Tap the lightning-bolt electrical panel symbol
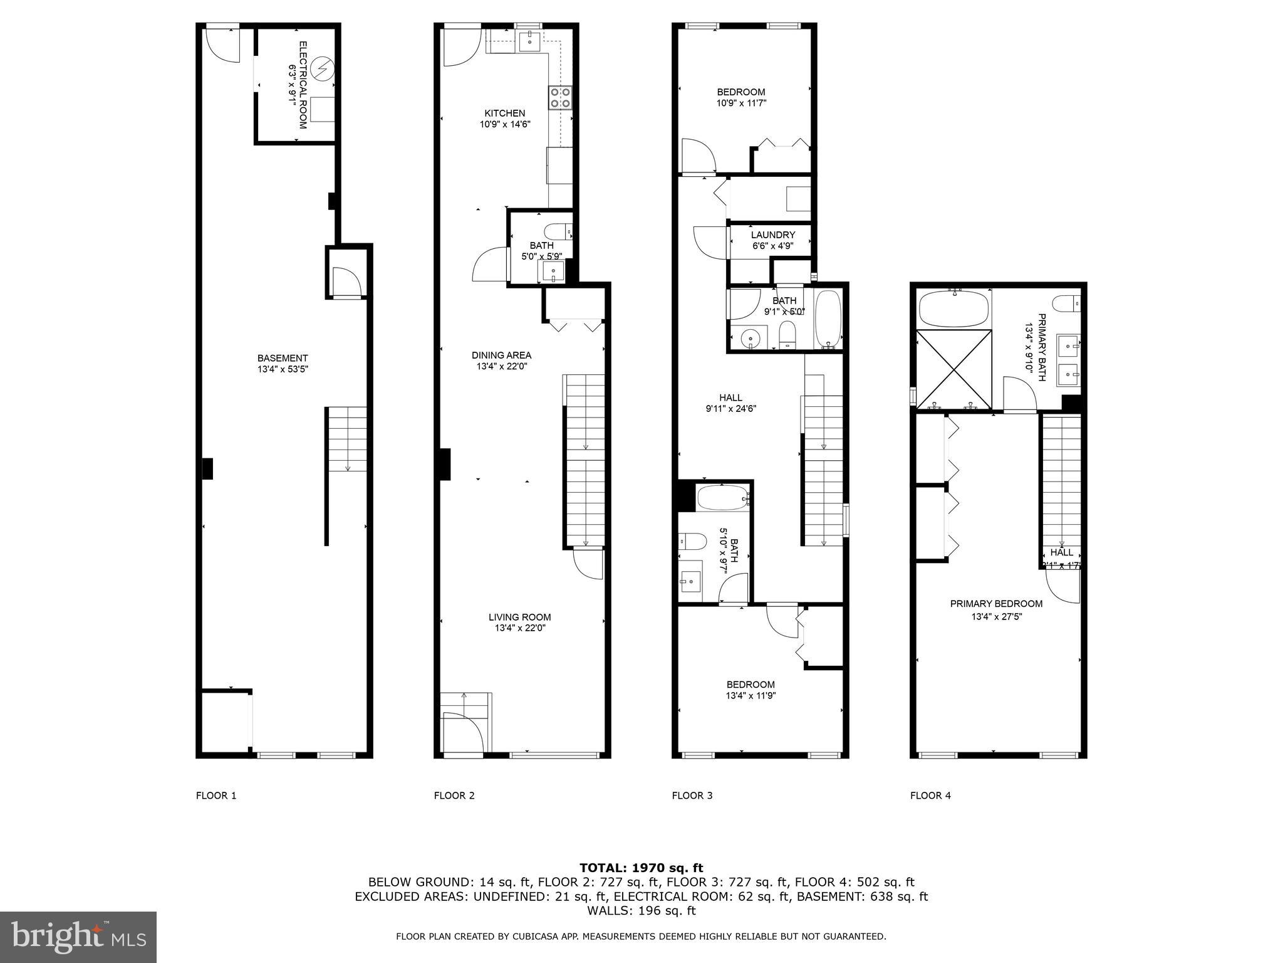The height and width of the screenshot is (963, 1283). tap(324, 68)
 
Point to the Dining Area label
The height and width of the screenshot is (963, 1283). tap(501, 355)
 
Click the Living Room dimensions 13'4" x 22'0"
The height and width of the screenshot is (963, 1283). tap(519, 628)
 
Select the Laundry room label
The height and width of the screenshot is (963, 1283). tap(772, 235)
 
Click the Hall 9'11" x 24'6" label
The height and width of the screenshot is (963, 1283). tap(730, 403)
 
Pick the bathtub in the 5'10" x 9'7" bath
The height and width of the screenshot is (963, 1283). tap(722, 499)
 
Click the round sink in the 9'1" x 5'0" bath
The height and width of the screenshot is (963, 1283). tap(751, 339)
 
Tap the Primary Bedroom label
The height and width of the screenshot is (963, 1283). tap(996, 604)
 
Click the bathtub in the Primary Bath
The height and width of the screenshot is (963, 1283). tap(953, 308)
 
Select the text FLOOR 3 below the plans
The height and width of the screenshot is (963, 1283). tap(692, 796)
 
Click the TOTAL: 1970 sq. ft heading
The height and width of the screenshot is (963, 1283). tap(641, 868)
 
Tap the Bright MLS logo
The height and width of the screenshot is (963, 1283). tap(78, 937)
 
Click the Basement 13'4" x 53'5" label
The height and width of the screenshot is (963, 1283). tap(283, 364)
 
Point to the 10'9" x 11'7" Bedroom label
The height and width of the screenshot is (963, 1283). tap(741, 97)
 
